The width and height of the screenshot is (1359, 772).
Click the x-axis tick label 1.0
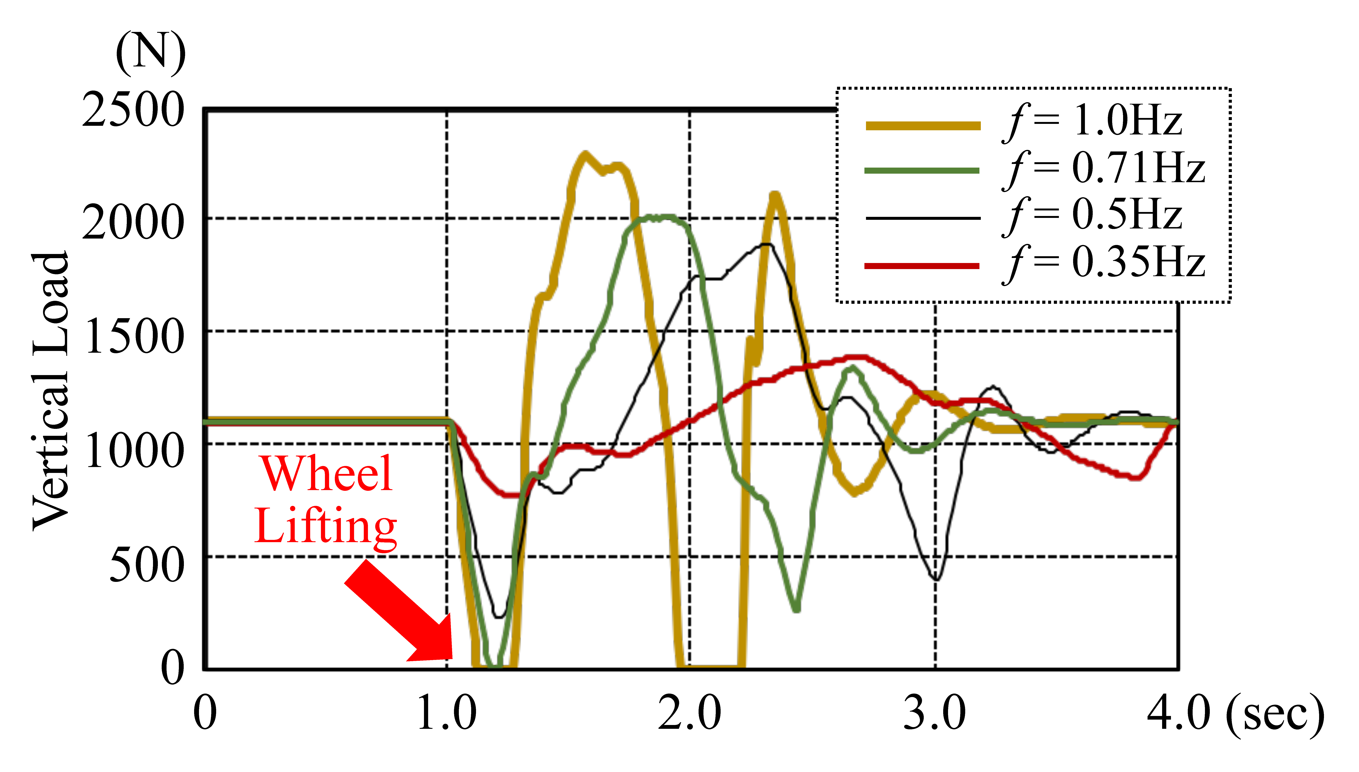coord(446,713)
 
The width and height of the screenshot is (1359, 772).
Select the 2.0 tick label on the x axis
coord(689,713)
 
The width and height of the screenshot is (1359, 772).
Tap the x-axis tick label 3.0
coord(935,713)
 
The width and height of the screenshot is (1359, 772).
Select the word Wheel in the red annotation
coord(326,473)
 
